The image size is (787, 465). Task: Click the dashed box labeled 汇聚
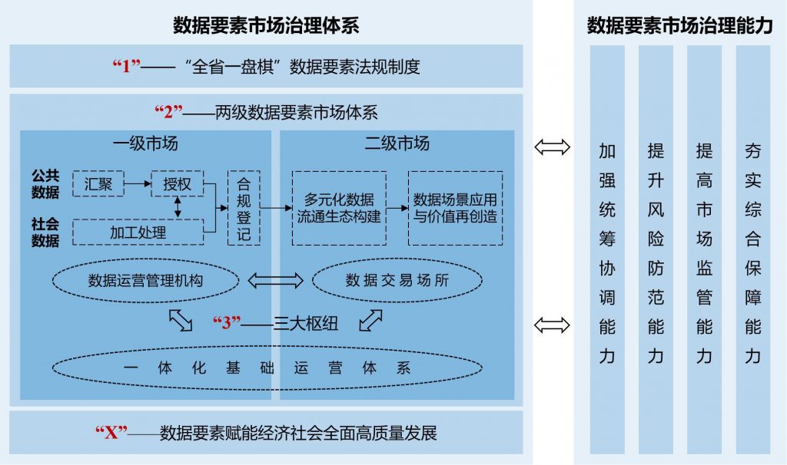point(98,184)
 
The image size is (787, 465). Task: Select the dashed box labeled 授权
point(177,184)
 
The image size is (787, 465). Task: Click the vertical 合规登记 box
point(244,208)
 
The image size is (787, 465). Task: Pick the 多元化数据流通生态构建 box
point(339,208)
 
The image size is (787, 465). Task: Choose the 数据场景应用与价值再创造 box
point(455,208)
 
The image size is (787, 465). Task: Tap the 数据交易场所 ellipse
point(397,281)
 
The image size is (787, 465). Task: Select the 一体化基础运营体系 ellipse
point(267,368)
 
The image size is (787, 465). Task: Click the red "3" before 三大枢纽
point(227,323)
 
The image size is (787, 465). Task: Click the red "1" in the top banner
point(127,66)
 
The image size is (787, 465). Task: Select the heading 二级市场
point(397,143)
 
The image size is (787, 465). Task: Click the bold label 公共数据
point(45,184)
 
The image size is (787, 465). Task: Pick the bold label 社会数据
point(45,232)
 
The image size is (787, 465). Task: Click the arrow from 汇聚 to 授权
point(138,184)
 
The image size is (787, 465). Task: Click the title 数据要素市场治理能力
point(679,26)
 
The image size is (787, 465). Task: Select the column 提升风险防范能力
point(656,249)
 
